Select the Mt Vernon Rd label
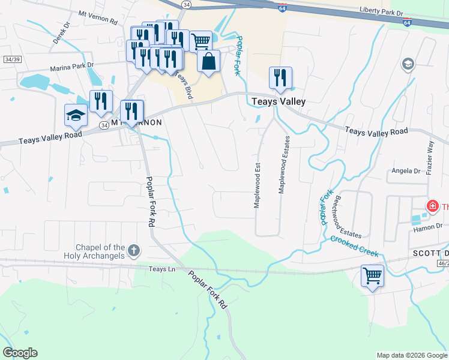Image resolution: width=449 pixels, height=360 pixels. click(x=97, y=20)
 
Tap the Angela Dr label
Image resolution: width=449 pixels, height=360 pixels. click(x=406, y=171)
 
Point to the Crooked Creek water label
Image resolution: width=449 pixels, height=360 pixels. click(x=355, y=245)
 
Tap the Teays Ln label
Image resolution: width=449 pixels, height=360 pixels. click(x=162, y=269)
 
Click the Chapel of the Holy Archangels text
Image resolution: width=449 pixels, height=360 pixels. click(x=100, y=252)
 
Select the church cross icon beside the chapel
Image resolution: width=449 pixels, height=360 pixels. click(x=134, y=250)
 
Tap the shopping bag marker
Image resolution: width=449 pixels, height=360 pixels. click(x=208, y=61)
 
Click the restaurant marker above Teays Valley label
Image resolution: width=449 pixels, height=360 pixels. click(x=280, y=78)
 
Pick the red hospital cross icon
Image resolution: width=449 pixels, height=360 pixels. click(x=431, y=207)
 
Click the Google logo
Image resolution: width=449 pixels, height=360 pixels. click(x=20, y=353)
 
